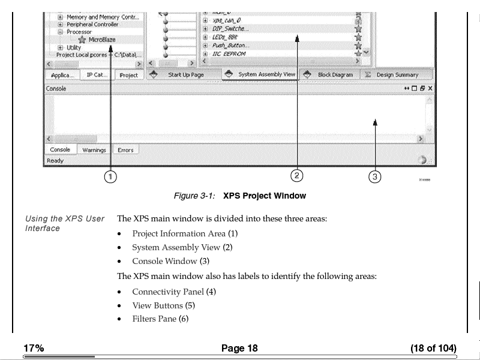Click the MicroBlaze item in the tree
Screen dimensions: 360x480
pos(102,40)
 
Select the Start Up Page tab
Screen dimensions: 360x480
pos(185,75)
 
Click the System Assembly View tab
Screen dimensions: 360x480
pos(266,75)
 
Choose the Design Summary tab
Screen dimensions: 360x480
pos(397,75)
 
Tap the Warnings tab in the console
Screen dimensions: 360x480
pos(94,150)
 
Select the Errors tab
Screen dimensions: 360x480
pos(125,150)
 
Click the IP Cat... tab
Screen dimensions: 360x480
pos(97,75)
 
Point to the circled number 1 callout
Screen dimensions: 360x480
pos(110,176)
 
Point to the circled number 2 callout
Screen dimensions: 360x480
pos(296,175)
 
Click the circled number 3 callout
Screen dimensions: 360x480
pos(374,176)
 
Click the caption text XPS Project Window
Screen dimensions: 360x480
pos(264,196)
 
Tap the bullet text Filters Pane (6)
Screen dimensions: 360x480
pos(160,319)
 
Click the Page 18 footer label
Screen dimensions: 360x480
pos(239,349)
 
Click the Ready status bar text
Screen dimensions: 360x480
pos(55,161)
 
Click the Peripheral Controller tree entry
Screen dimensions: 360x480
pos(92,25)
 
